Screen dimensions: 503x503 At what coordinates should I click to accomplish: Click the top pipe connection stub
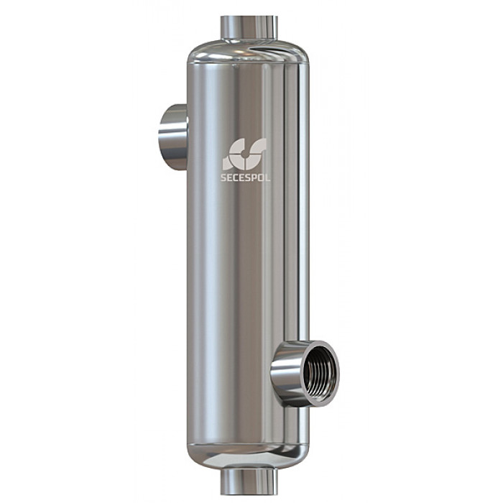249,28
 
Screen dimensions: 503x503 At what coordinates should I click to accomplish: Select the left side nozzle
173,137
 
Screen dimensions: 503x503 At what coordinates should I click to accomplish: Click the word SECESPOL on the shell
246,177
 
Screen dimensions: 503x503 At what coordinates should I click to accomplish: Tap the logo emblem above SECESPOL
245,154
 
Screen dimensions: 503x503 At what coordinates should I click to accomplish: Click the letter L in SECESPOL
267,177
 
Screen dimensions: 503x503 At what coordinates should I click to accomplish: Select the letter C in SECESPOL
234,177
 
